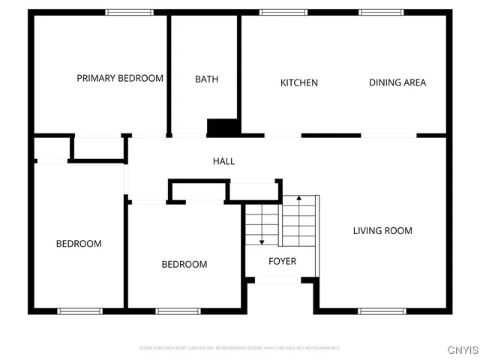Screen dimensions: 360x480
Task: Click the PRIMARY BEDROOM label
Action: pos(120,78)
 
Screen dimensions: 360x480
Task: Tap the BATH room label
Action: pos(206,79)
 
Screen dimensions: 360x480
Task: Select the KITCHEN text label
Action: pos(299,82)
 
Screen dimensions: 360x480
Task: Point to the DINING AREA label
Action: pos(397,82)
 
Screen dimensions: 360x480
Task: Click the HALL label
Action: pos(223,161)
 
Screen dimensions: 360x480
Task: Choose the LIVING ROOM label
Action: pos(382,231)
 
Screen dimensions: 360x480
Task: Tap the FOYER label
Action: pos(282,262)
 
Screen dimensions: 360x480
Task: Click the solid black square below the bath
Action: pos(222,127)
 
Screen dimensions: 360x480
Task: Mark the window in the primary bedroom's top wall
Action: pos(129,12)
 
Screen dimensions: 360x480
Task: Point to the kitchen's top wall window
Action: pos(283,12)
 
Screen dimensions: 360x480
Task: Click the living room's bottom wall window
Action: pos(382,310)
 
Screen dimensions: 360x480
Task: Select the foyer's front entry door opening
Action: pos(278,280)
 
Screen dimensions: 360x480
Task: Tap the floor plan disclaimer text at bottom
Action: pos(240,348)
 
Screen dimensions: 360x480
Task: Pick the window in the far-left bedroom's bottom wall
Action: pos(79,310)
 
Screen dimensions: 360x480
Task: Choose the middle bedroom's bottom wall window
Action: pos(178,310)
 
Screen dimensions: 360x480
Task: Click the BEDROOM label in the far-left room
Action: pos(79,244)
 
